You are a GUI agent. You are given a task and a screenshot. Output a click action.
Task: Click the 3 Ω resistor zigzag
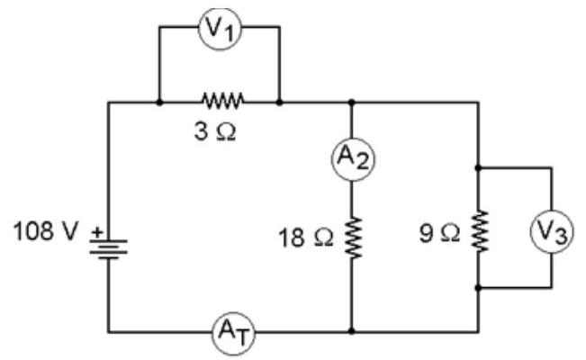point(222,101)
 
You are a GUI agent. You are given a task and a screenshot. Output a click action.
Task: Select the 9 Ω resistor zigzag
point(479,231)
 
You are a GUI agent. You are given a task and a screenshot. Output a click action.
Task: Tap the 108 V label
point(46,231)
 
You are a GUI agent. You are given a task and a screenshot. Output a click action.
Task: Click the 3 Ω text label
point(215,132)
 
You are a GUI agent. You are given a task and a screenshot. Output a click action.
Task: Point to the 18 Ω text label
point(306,238)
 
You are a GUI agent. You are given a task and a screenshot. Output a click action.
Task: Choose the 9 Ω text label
point(439,234)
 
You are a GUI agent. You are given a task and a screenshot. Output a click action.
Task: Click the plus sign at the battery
point(97,232)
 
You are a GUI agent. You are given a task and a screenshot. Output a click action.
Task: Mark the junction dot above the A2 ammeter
point(351,102)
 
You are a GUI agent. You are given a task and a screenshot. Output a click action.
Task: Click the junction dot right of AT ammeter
point(351,331)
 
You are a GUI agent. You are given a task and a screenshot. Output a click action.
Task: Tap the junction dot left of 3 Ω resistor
point(159,102)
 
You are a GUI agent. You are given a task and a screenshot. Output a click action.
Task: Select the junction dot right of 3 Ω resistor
point(279,102)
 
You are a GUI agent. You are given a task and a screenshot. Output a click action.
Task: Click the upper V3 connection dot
point(478,168)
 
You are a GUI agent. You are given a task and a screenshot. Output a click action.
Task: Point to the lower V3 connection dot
point(478,287)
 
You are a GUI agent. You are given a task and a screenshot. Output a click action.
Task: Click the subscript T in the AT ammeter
point(242,338)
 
